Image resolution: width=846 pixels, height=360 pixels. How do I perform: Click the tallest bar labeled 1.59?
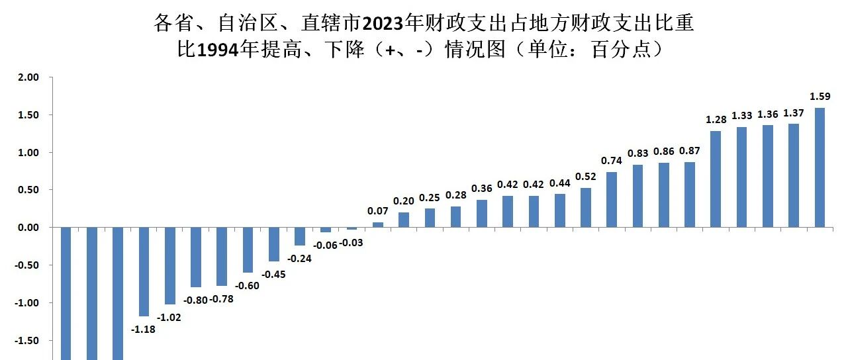click(x=820, y=167)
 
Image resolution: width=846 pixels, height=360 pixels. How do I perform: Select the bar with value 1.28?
click(x=716, y=179)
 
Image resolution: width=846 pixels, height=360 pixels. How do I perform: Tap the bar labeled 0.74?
click(x=612, y=199)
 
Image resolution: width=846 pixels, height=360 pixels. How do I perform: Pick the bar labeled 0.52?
click(x=585, y=207)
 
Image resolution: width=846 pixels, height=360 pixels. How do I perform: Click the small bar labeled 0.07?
click(x=378, y=225)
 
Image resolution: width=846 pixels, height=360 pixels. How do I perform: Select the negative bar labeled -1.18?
click(x=144, y=271)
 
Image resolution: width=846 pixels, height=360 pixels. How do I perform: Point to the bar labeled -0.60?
click(x=248, y=249)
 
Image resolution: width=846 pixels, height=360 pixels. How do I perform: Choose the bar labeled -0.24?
click(x=300, y=236)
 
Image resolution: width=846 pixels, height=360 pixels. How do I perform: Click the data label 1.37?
click(x=794, y=113)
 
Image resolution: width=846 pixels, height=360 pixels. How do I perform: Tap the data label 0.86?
click(x=663, y=152)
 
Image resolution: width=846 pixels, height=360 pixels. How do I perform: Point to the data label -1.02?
click(x=169, y=317)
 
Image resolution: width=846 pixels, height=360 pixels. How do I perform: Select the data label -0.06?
click(x=325, y=245)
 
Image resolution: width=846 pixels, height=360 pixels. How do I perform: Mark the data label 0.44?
click(x=560, y=183)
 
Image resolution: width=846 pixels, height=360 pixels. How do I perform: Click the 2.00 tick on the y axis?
click(x=28, y=77)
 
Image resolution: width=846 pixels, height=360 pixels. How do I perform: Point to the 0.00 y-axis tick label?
click(x=28, y=228)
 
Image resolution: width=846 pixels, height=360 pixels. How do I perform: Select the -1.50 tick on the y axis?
click(x=27, y=340)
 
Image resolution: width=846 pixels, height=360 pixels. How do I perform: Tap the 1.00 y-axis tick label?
click(x=28, y=153)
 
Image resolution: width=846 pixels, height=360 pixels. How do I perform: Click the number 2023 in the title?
click(x=383, y=23)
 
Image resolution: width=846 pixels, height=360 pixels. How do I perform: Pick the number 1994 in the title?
click(x=218, y=50)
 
